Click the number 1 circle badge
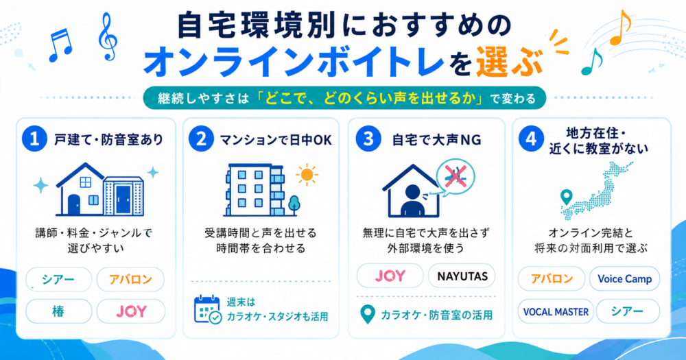click(x=34, y=139)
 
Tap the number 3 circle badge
click(x=368, y=139)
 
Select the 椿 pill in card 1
click(x=58, y=311)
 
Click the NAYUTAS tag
click(x=462, y=276)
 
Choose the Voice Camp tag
click(x=624, y=278)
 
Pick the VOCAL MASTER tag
click(x=556, y=312)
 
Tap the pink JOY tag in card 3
click(x=390, y=276)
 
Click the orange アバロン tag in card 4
click(x=552, y=278)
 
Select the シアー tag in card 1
click(x=58, y=279)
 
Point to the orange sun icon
click(x=307, y=175)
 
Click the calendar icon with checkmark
click(x=207, y=310)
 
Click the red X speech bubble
click(x=456, y=177)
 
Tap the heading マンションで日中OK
click(x=276, y=140)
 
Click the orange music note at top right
click(x=620, y=27)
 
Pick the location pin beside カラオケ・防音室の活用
click(x=368, y=315)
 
